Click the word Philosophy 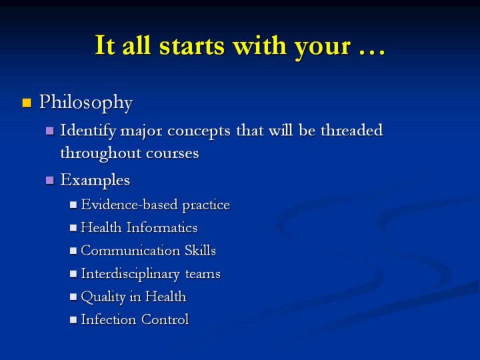tap(86, 103)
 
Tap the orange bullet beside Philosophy tap(27, 103)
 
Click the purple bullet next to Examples tap(49, 180)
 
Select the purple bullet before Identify tap(49, 131)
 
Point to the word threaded tap(352, 131)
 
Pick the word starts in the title tap(192, 45)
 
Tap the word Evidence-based tap(129, 204)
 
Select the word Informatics tap(162, 227)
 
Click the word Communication tap(131, 251)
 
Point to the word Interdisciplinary tap(131, 274)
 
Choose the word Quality tap(103, 297)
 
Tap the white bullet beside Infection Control tap(73, 320)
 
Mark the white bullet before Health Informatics tap(73, 228)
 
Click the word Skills tap(200, 251)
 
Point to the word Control tap(165, 319)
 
